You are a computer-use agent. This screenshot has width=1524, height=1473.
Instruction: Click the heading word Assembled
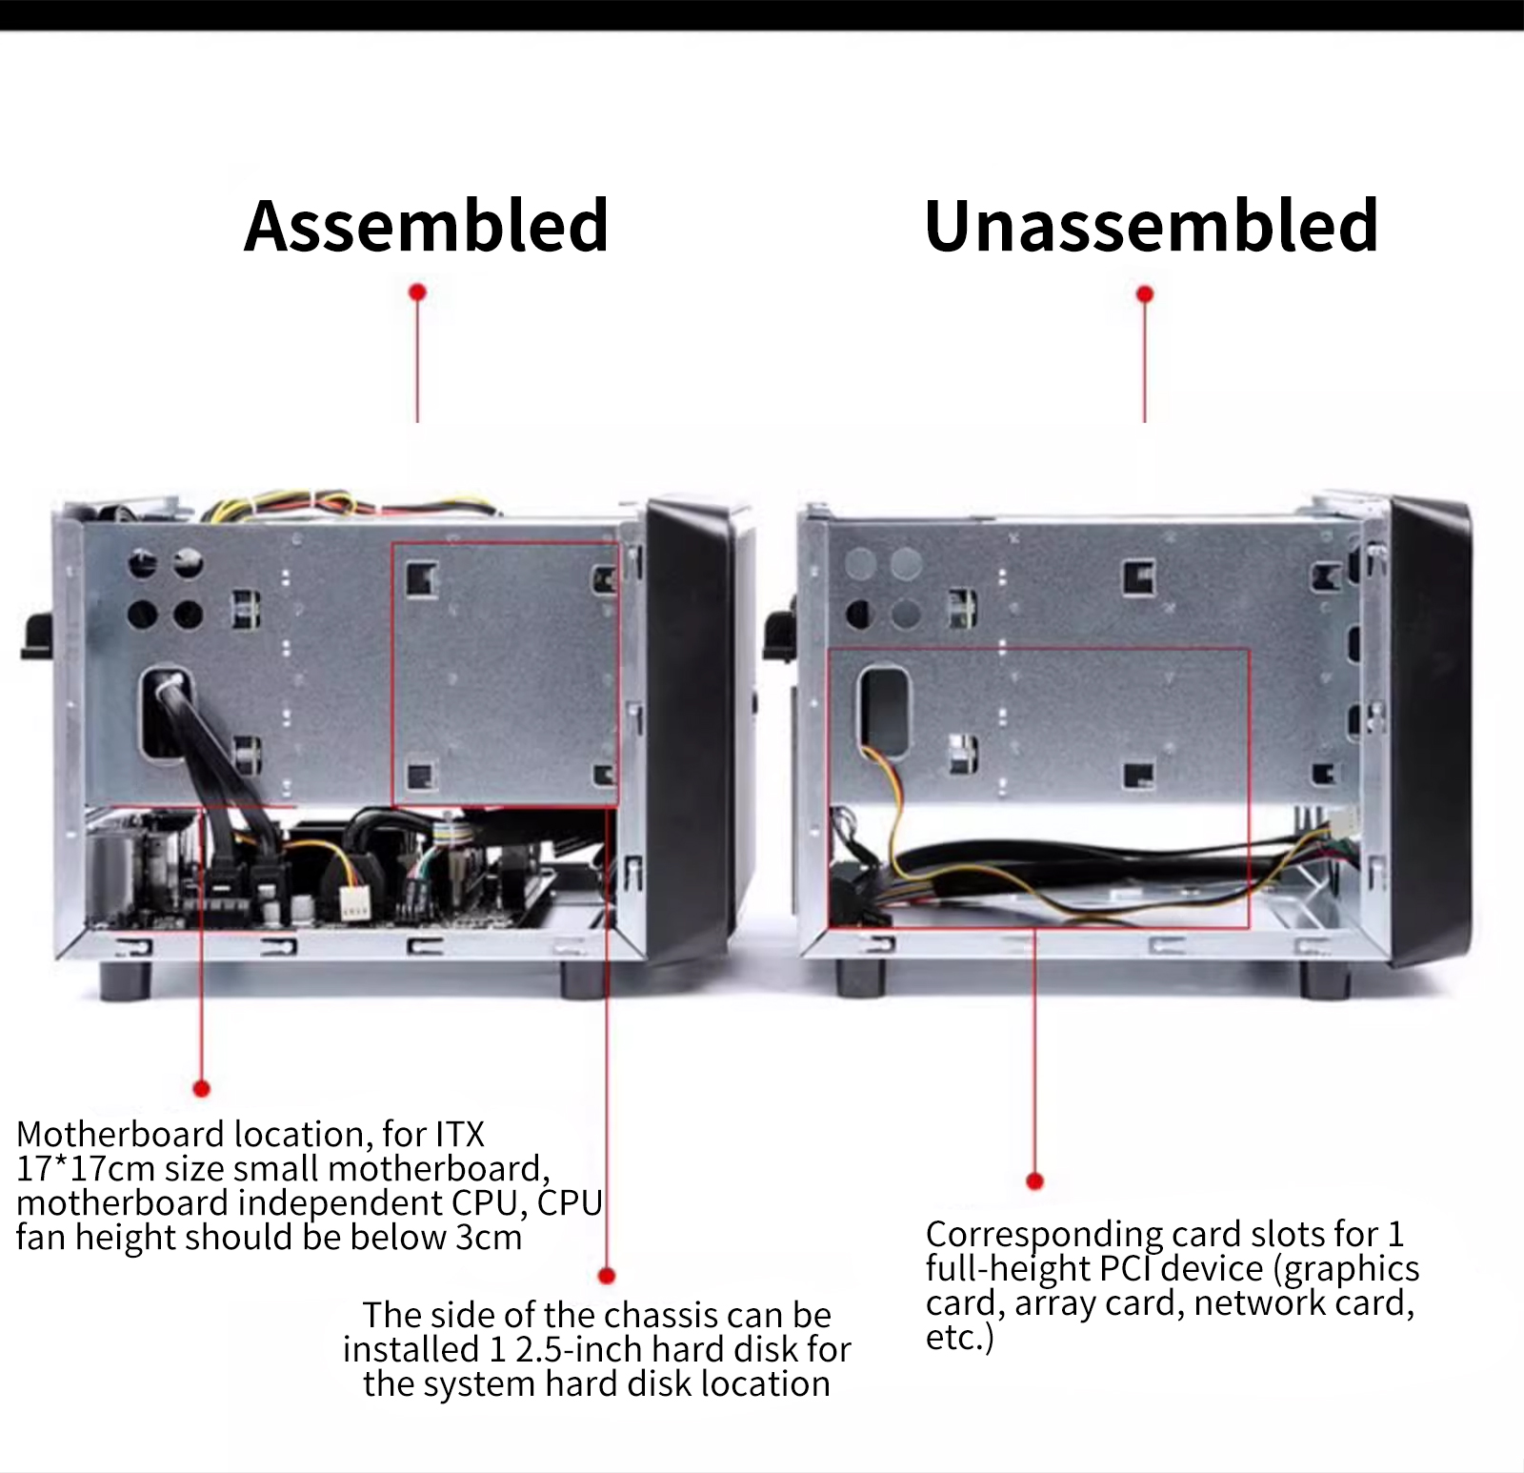426,226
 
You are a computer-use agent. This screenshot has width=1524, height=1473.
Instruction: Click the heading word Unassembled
1151,226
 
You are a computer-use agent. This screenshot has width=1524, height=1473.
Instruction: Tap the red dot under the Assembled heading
417,292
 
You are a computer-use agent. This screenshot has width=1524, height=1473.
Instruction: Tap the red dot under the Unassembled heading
1145,293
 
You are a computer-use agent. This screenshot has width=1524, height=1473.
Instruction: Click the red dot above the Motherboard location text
201,1088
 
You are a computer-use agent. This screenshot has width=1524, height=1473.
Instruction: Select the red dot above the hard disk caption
607,1275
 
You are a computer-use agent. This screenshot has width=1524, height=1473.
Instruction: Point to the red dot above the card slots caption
1035,1181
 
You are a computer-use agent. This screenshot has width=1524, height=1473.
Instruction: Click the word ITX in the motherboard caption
460,1134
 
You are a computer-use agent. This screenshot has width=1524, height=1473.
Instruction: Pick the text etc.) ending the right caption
959,1337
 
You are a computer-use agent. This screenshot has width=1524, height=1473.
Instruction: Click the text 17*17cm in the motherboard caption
86,1168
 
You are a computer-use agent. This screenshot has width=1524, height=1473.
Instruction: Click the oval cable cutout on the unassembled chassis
885,710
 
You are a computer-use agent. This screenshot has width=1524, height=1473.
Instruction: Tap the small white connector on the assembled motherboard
355,901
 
